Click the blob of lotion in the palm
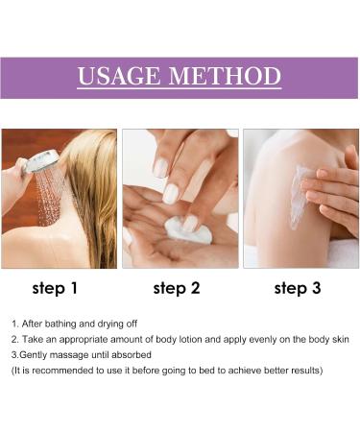click(175, 229)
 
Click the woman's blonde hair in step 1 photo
click(86, 192)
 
